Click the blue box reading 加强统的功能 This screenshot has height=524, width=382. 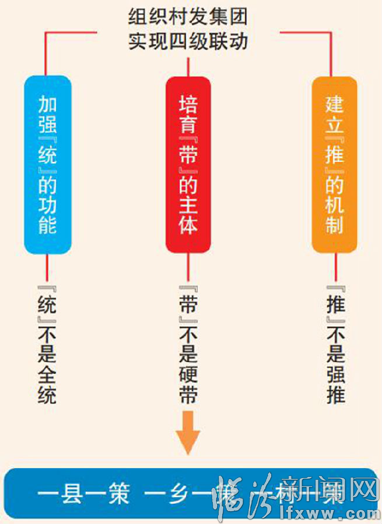click(47, 165)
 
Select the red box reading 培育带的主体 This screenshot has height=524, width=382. click(188, 165)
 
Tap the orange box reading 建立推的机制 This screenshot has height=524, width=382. click(334, 165)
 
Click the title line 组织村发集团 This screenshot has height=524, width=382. click(188, 16)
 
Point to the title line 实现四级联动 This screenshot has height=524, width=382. click(188, 41)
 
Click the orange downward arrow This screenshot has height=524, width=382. click(188, 432)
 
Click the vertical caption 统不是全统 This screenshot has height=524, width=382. click(47, 344)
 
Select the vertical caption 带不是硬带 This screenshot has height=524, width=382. click(188, 344)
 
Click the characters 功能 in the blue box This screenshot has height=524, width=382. click(47, 213)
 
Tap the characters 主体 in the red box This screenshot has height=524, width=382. click(188, 213)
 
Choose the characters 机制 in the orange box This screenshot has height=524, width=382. click(334, 213)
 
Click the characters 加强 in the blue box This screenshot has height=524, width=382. click(47, 115)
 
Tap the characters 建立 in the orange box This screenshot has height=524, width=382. click(334, 115)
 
